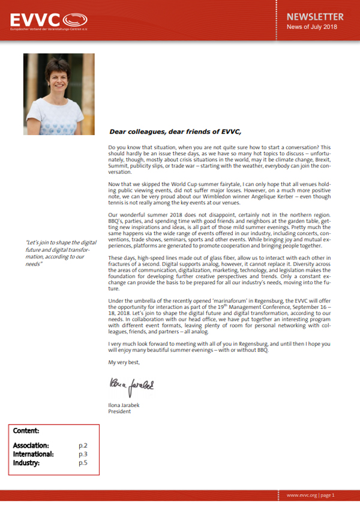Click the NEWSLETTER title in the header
[314, 17]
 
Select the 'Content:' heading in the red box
[26, 430]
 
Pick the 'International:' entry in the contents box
[34, 454]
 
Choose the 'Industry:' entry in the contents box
[28, 462]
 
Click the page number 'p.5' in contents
[83, 462]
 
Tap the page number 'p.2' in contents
[83, 446]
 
